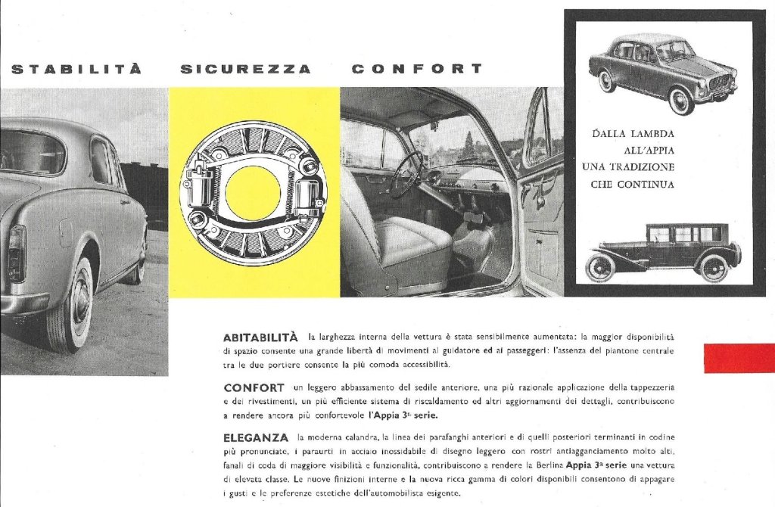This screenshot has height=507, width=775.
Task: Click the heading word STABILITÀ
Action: coord(76,70)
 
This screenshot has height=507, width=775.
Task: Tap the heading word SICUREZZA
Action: coord(245,70)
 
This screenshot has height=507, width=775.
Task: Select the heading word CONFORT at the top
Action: coord(417,69)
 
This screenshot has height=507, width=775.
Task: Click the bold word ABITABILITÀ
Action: coord(263,336)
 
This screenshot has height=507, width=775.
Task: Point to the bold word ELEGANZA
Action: coord(256,437)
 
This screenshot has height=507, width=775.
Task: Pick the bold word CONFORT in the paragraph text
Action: coord(254,387)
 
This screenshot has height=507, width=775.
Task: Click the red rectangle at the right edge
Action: coord(739,358)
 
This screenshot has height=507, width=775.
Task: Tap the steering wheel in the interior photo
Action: coord(408,174)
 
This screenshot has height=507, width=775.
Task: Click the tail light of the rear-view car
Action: coord(17,253)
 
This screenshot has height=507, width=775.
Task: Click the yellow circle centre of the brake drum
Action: coord(253,192)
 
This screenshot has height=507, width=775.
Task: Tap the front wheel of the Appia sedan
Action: coord(680,101)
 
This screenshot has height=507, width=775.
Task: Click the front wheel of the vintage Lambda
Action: coord(602,268)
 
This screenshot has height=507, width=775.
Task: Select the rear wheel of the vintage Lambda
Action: coord(713,268)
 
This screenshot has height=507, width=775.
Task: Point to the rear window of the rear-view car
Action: coord(30,151)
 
